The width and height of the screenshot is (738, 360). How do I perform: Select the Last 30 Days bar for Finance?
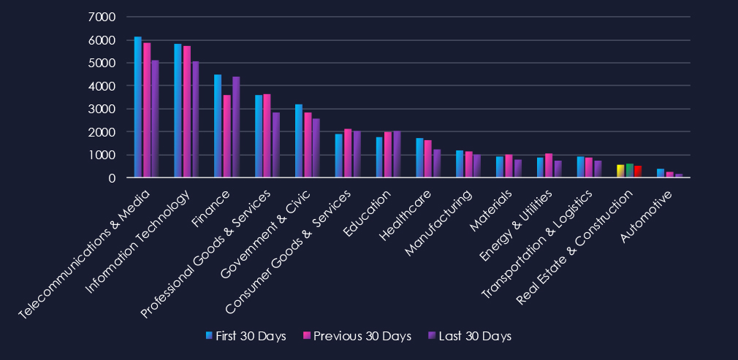[x=236, y=127]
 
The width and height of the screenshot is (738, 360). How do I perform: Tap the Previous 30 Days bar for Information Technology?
[x=187, y=112]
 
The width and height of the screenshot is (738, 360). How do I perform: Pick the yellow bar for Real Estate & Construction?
[x=620, y=171]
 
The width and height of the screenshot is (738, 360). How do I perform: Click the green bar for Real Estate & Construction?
[x=629, y=170]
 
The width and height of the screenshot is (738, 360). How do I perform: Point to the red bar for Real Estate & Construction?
[x=638, y=172]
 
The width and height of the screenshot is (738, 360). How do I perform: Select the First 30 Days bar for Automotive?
[x=661, y=173]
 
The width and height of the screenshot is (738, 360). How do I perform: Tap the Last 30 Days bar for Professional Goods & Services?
[x=276, y=145]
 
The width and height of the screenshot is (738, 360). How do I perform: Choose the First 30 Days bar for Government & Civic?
[x=299, y=141]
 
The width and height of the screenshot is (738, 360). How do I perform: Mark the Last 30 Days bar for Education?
[x=397, y=154]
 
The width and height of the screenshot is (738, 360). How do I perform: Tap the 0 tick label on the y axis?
[x=112, y=177]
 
